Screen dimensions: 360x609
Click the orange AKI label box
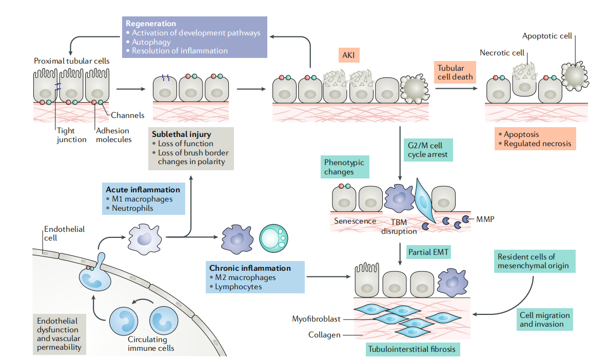(349, 54)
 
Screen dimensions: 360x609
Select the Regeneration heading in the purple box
(151, 24)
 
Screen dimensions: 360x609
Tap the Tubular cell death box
(454, 72)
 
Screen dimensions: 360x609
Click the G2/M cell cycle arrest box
(428, 149)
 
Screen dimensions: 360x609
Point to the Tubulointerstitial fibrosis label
(412, 349)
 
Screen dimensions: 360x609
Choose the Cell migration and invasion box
(544, 319)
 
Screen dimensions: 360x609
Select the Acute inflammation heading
(143, 190)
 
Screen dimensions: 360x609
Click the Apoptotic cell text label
(547, 36)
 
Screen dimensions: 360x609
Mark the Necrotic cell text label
(502, 52)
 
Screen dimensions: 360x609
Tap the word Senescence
(355, 221)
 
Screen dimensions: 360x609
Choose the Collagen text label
(324, 335)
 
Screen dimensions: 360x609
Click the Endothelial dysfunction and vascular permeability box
(58, 334)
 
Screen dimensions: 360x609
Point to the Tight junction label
(71, 135)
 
